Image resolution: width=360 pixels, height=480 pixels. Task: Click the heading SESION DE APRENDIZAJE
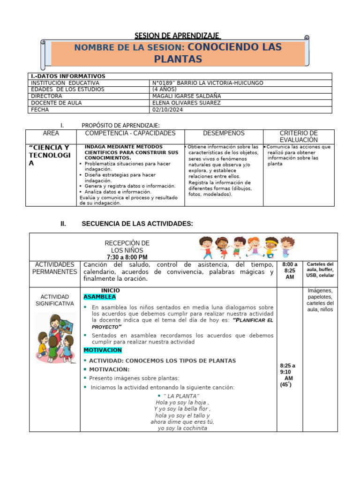177,36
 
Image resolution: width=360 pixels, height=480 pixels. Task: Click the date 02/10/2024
167,110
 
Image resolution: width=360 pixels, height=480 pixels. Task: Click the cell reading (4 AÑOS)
165,90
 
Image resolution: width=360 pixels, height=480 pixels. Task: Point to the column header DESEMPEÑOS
224,134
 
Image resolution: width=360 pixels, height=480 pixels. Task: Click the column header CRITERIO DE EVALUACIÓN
299,136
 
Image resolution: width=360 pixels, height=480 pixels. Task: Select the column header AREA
51,134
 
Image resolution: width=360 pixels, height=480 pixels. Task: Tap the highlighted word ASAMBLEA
99,297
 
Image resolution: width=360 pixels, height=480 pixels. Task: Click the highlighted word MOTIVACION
103,350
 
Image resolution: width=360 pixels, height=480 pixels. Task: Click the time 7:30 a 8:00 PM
127,257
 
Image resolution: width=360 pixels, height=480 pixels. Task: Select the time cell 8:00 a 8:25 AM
290,271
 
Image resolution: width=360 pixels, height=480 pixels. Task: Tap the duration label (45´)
286,384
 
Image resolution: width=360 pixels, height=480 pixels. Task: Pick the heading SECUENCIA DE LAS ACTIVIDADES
137,224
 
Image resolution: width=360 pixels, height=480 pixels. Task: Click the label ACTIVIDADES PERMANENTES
54,269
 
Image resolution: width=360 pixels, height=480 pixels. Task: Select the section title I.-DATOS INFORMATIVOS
67,76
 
